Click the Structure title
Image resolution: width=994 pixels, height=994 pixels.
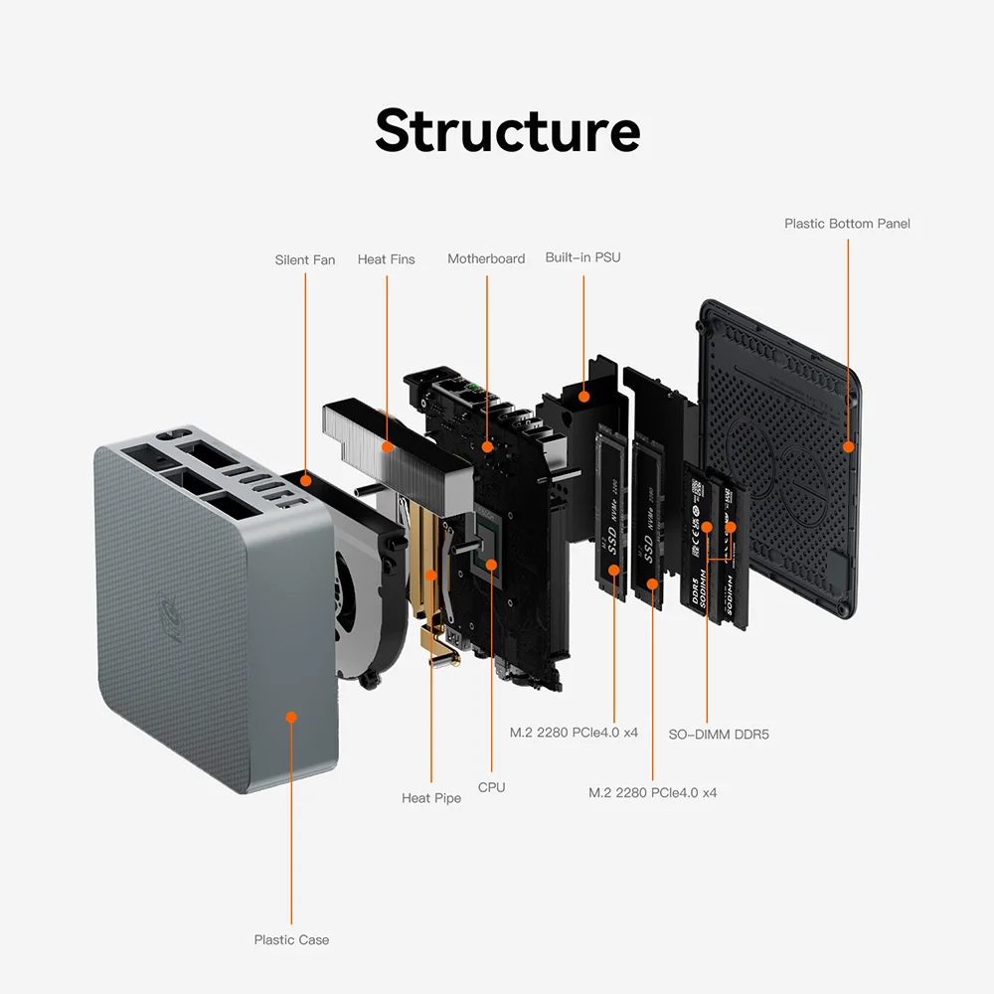507,131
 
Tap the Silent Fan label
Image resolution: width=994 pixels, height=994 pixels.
305,260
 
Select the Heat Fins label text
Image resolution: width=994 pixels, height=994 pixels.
386,259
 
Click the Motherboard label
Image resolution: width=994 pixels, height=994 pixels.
486,258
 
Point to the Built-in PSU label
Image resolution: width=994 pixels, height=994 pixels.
582,257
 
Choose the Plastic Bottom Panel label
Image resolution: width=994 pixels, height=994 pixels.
847,224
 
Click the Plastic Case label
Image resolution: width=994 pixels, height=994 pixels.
291,939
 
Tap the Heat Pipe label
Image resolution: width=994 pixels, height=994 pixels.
431,798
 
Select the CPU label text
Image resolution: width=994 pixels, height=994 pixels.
491,787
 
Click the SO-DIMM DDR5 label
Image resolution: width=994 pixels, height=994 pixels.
719,735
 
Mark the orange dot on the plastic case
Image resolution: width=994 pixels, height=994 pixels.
291,716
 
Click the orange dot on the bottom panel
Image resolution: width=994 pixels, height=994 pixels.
848,447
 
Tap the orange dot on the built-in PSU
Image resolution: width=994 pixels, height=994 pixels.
583,397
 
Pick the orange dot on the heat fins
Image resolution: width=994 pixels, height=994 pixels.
387,449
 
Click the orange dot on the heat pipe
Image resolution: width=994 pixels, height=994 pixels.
431,575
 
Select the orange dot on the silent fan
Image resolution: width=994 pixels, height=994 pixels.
306,481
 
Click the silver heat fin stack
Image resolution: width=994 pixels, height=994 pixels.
398,447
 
